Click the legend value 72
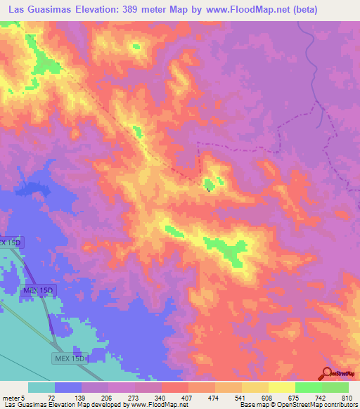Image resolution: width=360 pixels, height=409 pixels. coord(51,397)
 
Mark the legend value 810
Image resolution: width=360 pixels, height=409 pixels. coord(345,397)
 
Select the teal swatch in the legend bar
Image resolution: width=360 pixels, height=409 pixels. coord(41,387)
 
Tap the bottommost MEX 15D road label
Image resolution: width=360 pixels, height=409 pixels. coord(70,358)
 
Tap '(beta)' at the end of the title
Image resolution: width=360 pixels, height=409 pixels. coord(300,10)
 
